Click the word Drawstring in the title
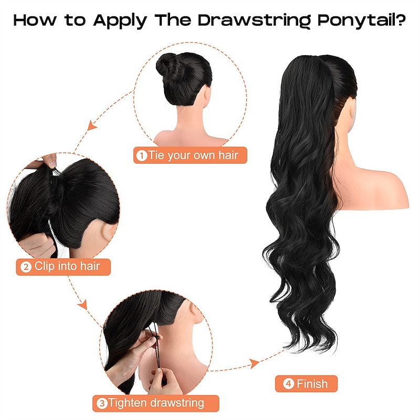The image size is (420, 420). (x=254, y=20)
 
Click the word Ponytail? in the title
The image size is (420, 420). (x=362, y=20)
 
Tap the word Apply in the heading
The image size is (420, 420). (x=120, y=20)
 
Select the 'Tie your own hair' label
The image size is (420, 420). (x=190, y=155)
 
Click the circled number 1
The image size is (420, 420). (x=142, y=155)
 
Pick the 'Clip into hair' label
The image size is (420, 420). (x=63, y=267)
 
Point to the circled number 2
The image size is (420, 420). (x=26, y=267)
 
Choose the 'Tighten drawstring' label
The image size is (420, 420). (x=155, y=403)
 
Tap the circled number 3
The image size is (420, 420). (x=102, y=403)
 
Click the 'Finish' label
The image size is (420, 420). (x=306, y=384)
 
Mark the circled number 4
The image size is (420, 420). (x=288, y=384)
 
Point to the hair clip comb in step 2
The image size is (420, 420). (x=57, y=173)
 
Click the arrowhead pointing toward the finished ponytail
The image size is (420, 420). (x=255, y=363)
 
